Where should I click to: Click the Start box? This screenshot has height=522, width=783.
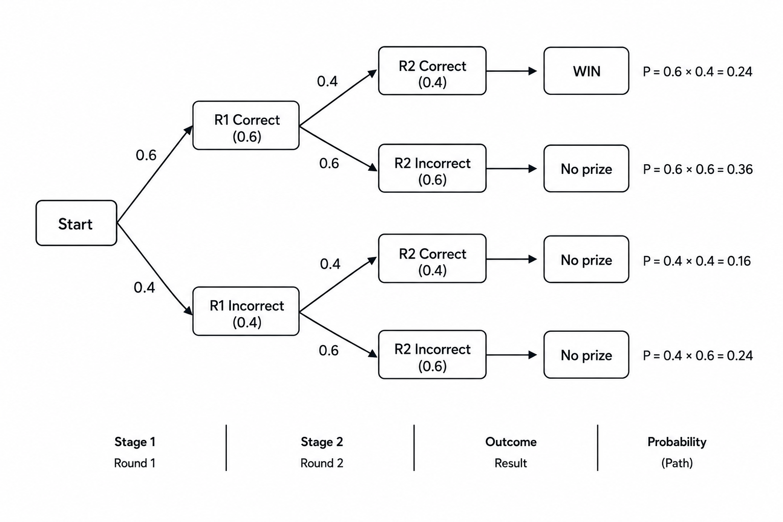76,223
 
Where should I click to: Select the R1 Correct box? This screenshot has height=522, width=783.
246,125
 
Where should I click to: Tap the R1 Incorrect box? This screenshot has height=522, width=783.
246,311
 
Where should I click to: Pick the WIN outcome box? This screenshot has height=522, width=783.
586,71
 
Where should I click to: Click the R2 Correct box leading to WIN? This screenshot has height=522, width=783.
432,71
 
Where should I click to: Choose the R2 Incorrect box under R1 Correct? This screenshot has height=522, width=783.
432,168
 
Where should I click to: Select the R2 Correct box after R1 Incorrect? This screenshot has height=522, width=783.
432,259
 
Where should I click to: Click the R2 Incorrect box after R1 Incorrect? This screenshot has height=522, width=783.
432,354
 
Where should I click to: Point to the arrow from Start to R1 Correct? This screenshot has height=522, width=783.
155,174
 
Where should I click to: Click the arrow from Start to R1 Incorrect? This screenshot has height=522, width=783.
155,269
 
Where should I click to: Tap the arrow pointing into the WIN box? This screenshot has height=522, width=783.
512,71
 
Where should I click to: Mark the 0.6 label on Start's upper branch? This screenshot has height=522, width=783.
146,155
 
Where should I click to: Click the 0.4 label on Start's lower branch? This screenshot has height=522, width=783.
144,288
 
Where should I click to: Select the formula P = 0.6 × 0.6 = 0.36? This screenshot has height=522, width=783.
698,169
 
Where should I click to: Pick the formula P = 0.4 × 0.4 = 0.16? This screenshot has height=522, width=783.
697,261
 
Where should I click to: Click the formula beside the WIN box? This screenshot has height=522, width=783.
698,72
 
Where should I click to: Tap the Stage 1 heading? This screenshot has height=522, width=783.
135,442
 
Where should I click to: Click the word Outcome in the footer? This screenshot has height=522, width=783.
511,442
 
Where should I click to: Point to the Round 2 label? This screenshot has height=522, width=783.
322,463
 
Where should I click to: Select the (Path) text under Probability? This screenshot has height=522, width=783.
677,463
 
